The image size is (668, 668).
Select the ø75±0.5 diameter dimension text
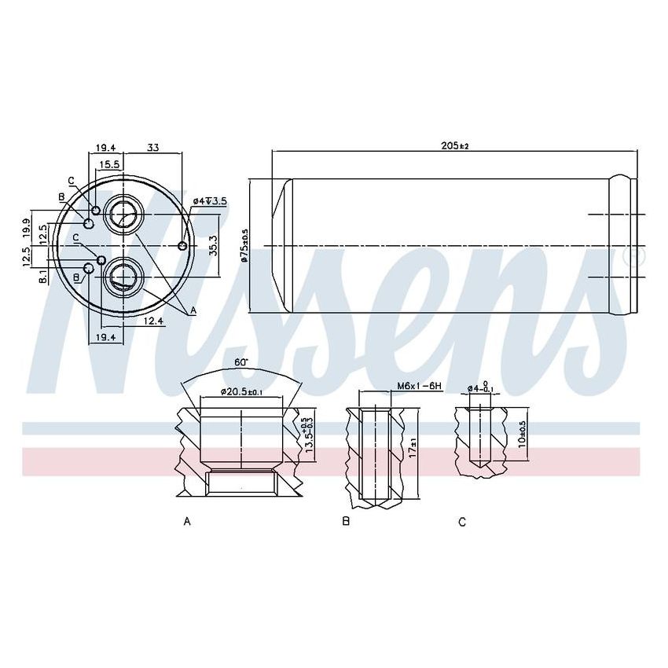[x=244, y=246]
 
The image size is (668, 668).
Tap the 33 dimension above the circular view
[x=153, y=147]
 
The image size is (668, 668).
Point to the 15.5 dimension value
[x=109, y=164]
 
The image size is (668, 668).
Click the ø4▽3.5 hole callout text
[x=210, y=201]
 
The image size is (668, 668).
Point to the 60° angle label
[x=240, y=362]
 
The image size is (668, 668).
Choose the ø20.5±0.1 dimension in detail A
[x=240, y=391]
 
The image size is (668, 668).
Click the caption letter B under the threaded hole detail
[x=346, y=521]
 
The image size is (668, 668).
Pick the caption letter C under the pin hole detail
[x=462, y=521]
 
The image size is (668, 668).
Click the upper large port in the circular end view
[x=123, y=213]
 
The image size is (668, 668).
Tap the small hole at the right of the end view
[x=183, y=247]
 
